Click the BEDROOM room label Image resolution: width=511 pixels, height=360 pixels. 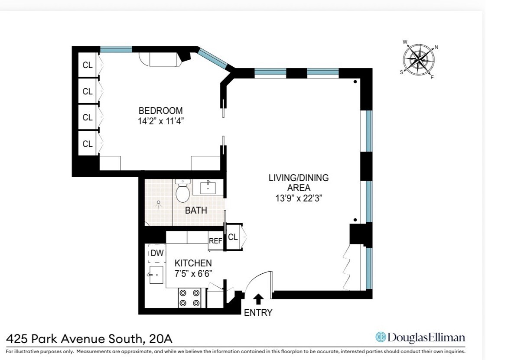[x=160, y=110]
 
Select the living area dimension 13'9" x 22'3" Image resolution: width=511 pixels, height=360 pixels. [x=299, y=198]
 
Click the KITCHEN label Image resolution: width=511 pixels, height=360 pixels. [x=193, y=263]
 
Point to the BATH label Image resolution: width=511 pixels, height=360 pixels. [x=196, y=211]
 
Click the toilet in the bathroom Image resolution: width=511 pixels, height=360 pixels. [x=182, y=191]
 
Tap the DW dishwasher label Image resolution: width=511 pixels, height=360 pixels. [x=157, y=253]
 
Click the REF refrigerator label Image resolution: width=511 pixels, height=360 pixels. [x=215, y=241]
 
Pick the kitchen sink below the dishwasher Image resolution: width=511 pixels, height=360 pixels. [x=156, y=275]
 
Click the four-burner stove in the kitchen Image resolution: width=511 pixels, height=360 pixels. [x=190, y=298]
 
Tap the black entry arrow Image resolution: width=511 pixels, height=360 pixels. [x=258, y=298]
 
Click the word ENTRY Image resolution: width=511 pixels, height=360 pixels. [x=258, y=312]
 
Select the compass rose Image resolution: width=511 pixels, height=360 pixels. [x=419, y=59]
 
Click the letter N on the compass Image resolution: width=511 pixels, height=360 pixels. [x=436, y=47]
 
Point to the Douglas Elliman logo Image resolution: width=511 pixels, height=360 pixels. [x=420, y=337]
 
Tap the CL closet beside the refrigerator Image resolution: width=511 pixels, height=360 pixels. [x=233, y=237]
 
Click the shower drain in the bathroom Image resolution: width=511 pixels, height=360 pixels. [x=159, y=202]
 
